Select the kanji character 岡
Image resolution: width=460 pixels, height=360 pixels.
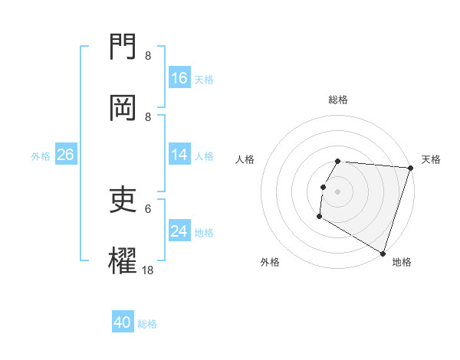124,108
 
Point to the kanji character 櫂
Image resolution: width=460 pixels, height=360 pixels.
124,260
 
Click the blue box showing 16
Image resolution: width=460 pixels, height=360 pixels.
179,78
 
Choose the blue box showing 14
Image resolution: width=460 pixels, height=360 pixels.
179,155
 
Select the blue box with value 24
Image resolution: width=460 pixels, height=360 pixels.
179,231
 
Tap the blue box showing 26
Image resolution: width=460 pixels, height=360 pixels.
65,155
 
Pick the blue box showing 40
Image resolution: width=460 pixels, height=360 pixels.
123,322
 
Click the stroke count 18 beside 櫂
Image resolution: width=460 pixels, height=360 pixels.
147,270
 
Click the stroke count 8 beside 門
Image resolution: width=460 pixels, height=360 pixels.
147,56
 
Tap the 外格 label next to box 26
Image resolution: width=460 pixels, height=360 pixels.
41,155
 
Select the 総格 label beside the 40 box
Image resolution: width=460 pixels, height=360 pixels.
147,324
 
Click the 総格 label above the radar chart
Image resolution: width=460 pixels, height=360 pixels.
338,100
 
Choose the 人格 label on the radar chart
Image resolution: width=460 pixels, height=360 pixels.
245,159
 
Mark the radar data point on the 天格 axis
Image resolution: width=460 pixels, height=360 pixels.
410,168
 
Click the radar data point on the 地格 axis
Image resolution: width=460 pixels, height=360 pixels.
383,252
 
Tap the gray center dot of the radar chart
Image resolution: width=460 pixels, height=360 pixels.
338,191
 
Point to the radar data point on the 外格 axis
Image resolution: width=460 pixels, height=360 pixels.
319,217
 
